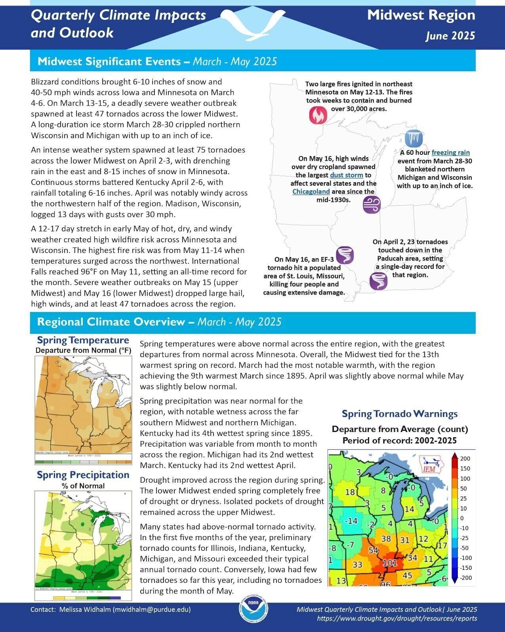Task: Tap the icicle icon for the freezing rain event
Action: pyautogui.click(x=414, y=139)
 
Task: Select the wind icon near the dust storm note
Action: pyautogui.click(x=372, y=205)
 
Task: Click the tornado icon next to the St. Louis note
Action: pyautogui.click(x=345, y=255)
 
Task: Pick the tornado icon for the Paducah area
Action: pyautogui.click(x=378, y=281)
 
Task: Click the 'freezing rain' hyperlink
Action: pyautogui.click(x=450, y=152)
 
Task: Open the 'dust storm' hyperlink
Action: pyautogui.click(x=347, y=175)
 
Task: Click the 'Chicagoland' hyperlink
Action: pyautogui.click(x=311, y=192)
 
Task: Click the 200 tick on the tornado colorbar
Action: pyautogui.click(x=465, y=459)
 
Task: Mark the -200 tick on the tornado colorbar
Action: pyautogui.click(x=466, y=578)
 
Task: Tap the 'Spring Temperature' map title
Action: pyautogui.click(x=83, y=340)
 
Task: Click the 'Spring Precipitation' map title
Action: pyautogui.click(x=83, y=475)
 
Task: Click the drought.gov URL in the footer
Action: pyautogui.click(x=397, y=618)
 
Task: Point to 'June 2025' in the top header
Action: pyautogui.click(x=450, y=36)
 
